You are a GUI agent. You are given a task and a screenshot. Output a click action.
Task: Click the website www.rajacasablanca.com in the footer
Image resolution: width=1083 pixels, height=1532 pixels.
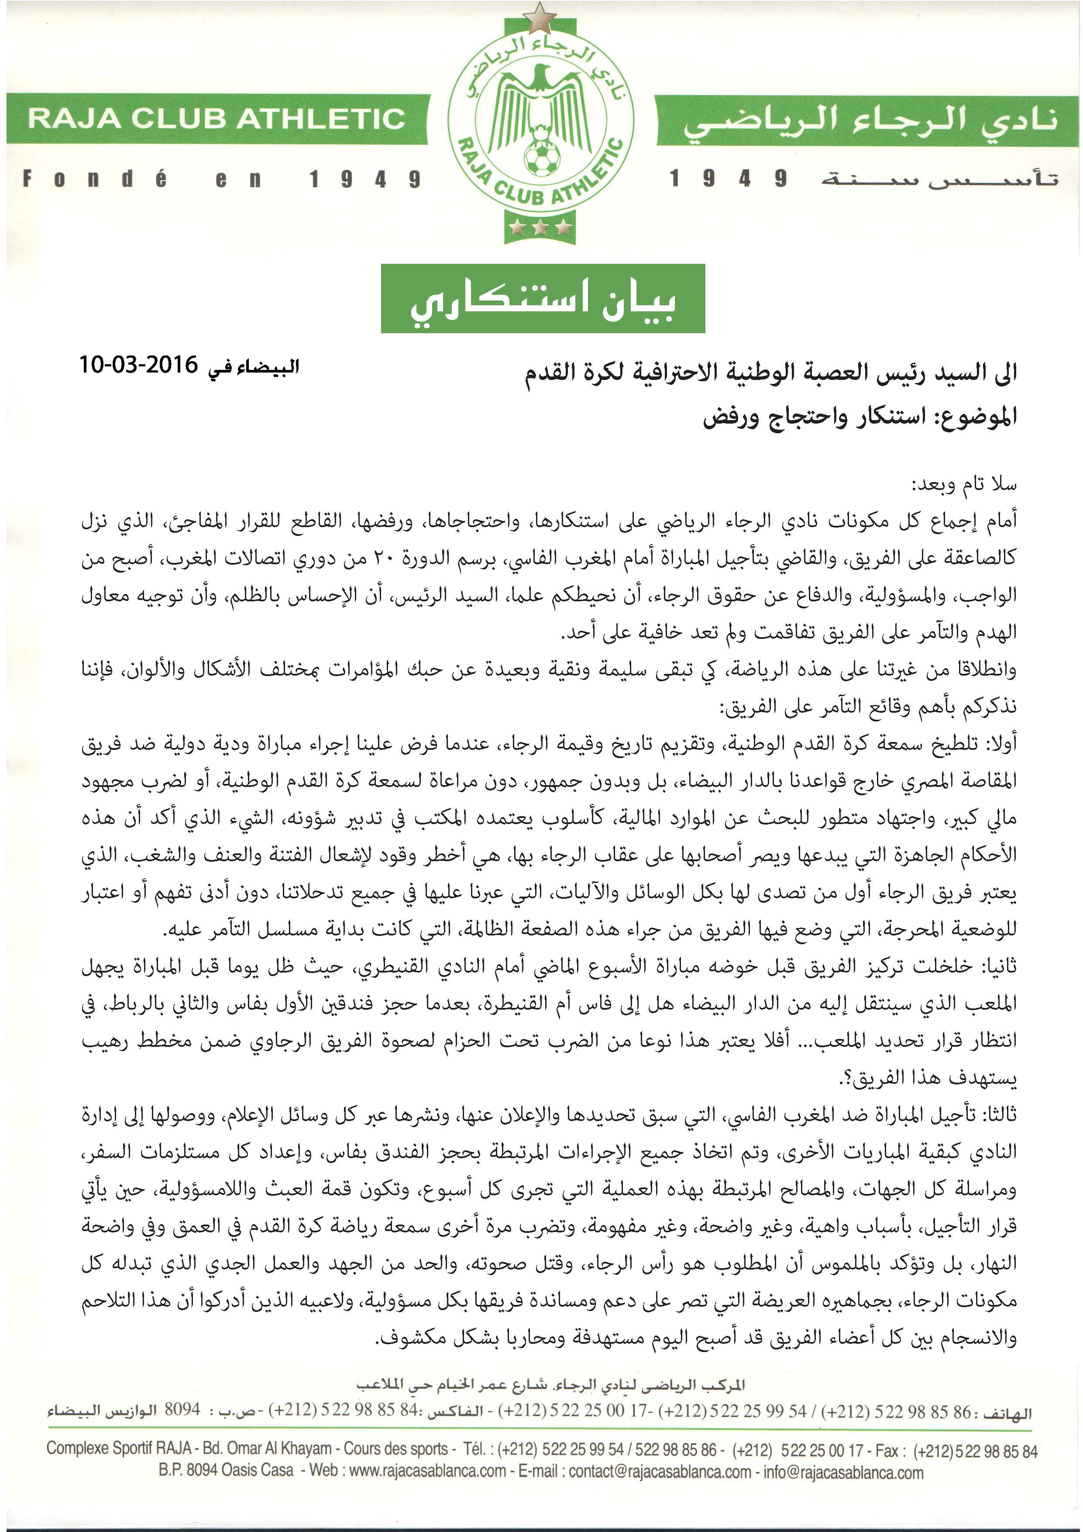[427, 1471]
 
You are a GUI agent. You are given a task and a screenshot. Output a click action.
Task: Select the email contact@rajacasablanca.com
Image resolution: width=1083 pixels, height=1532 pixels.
[660, 1471]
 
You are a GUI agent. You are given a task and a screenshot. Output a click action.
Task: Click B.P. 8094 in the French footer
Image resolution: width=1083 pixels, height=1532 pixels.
[187, 1471]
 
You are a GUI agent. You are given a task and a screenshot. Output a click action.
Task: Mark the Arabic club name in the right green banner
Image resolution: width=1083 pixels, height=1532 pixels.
[867, 120]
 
